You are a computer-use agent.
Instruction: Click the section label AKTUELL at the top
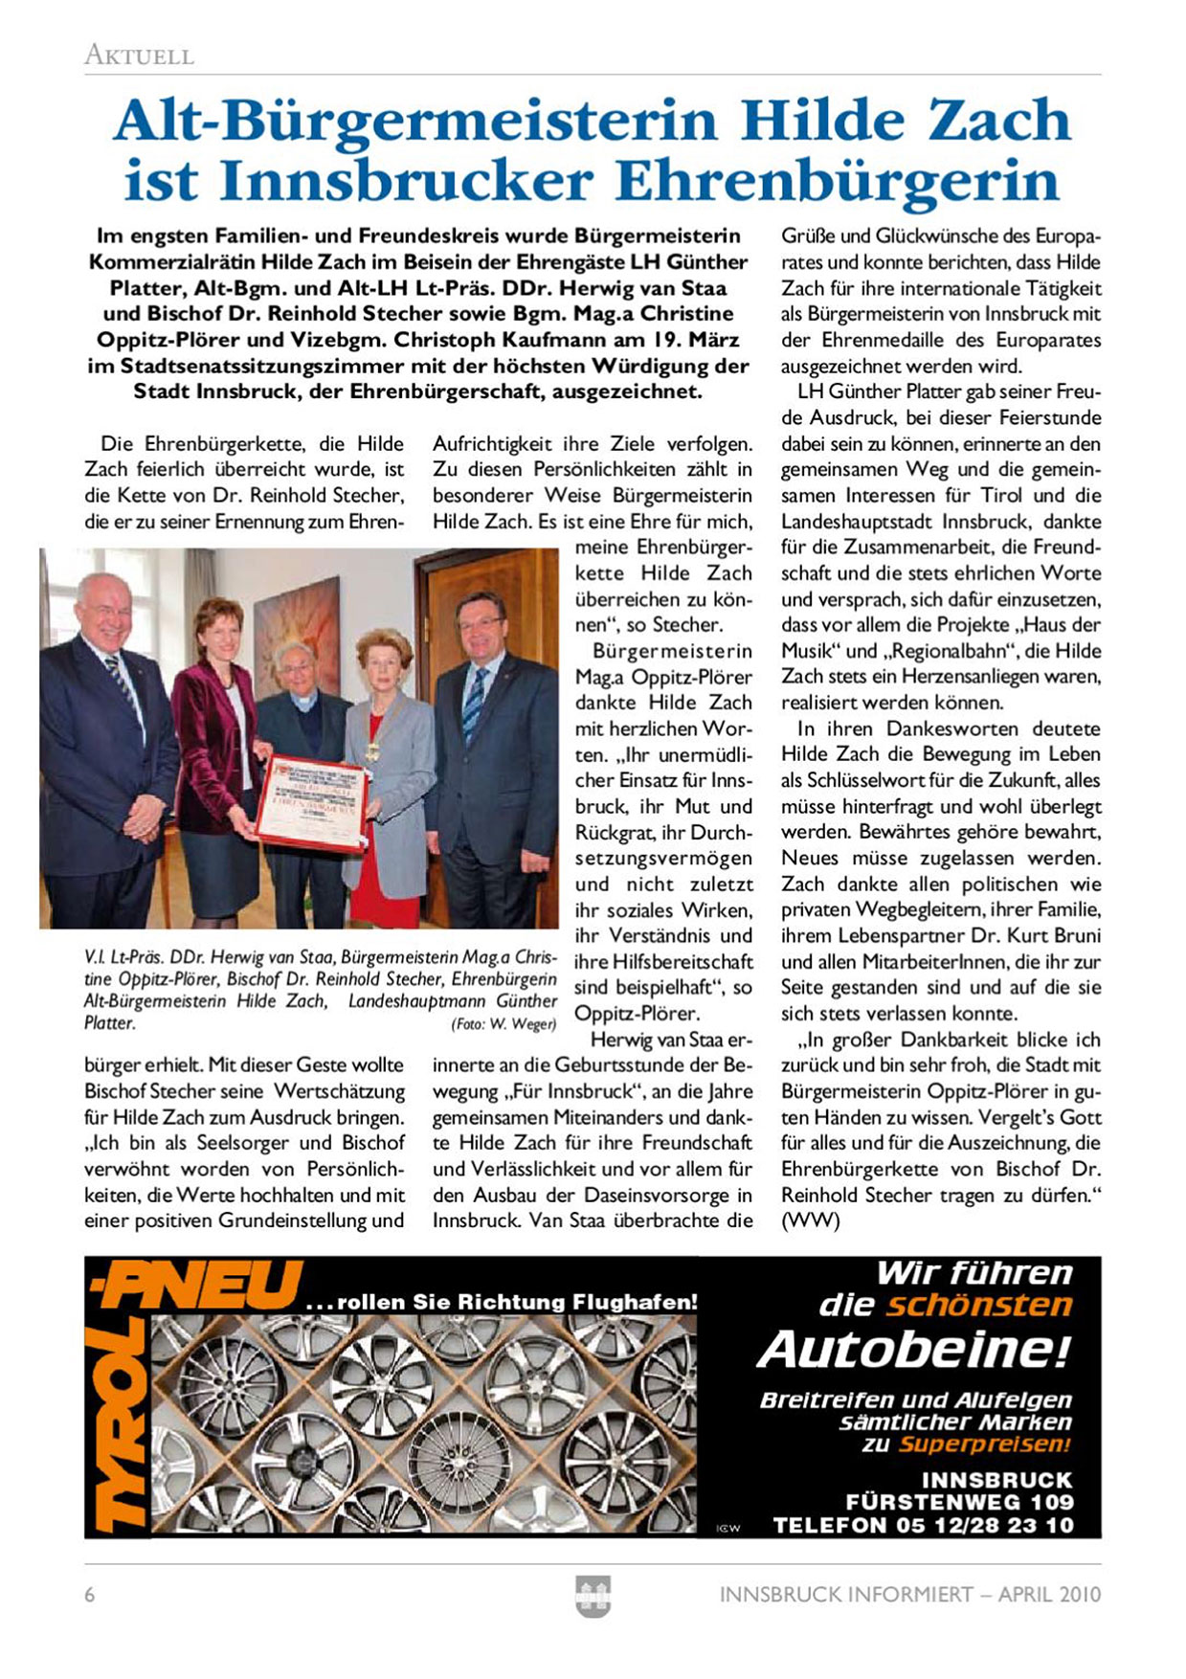(139, 56)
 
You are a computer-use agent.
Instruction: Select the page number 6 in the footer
(90, 1595)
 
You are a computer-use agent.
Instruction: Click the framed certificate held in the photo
(312, 803)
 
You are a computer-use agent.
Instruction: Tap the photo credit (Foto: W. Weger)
(503, 1024)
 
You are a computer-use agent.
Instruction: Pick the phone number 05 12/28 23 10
(985, 1525)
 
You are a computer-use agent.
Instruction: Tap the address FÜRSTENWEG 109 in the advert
(959, 1502)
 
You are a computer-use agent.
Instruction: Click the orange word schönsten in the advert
(978, 1305)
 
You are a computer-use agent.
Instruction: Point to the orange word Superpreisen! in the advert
(984, 1444)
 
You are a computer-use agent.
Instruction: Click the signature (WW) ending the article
(810, 1221)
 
